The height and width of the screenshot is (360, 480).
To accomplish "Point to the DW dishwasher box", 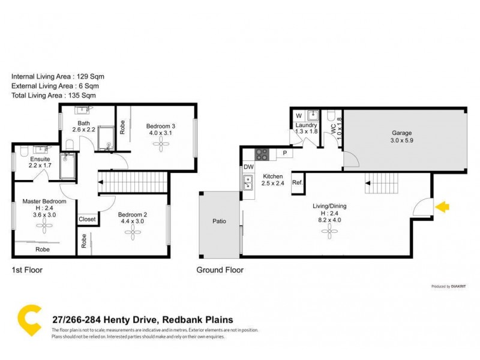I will [248, 167].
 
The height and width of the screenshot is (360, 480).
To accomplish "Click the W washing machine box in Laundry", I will [298, 116].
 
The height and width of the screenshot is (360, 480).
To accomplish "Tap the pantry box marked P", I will [285, 154].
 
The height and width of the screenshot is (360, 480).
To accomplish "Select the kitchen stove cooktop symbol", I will [262, 154].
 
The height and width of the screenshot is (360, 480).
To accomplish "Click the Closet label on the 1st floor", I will [88, 220].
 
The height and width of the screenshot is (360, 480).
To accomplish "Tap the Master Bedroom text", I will [44, 202].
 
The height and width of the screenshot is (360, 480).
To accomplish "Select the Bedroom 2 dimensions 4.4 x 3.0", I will [132, 221].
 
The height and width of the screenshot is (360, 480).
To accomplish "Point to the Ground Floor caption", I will [220, 270].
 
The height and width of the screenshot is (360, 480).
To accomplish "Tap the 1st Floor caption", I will [27, 270].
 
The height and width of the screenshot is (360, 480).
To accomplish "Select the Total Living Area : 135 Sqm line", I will [53, 95].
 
